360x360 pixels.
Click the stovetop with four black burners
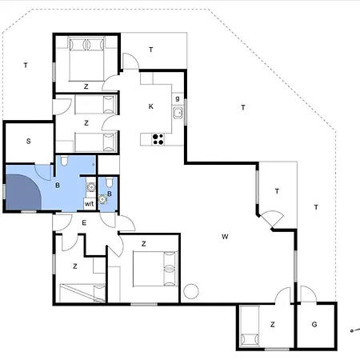click(x=158, y=139)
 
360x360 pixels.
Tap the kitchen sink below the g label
click(x=178, y=113)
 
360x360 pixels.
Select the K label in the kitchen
click(x=151, y=106)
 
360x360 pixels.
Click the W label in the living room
click(x=225, y=237)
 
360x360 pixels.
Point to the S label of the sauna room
click(x=29, y=142)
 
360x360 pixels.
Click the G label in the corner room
click(x=314, y=325)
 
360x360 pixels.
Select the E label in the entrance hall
click(x=84, y=223)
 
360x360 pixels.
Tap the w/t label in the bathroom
click(x=90, y=204)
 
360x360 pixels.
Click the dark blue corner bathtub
click(x=22, y=192)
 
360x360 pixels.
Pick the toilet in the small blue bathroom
click(x=109, y=182)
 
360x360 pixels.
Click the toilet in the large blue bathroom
click(x=64, y=161)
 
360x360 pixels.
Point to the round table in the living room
click(x=191, y=291)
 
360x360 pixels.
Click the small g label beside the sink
click(x=178, y=98)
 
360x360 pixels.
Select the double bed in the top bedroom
click(x=86, y=59)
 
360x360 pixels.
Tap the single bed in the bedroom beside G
click(x=250, y=326)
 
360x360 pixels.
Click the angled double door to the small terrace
click(x=271, y=218)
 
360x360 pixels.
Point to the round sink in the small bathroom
click(x=102, y=199)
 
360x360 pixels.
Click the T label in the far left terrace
click(x=26, y=65)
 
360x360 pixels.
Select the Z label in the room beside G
click(x=272, y=325)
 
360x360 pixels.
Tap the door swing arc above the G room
click(x=310, y=294)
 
